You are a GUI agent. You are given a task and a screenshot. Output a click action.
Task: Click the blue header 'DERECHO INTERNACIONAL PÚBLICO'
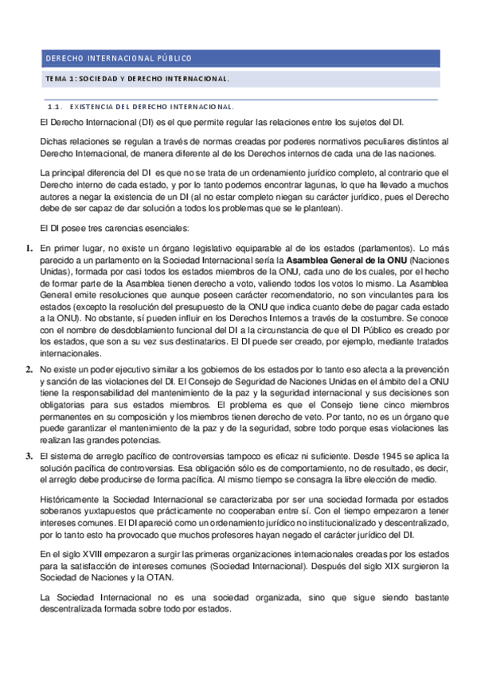pos(118,58)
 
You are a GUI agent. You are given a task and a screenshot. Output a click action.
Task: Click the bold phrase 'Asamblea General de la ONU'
pos(345,261)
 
